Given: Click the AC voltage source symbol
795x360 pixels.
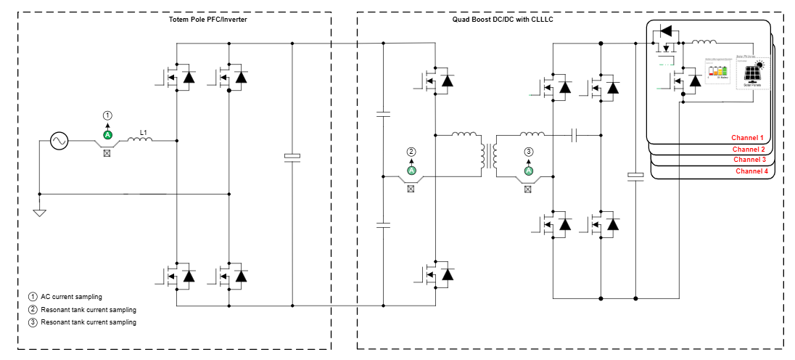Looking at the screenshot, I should click(x=59, y=141).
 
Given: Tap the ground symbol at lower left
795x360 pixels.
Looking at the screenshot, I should click(x=39, y=212).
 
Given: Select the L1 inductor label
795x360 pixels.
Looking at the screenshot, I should click(x=144, y=132).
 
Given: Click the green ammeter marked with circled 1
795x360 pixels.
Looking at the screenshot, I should click(x=108, y=135).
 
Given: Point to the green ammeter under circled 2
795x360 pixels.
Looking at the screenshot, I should click(x=411, y=171).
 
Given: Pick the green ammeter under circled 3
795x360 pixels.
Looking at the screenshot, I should click(x=529, y=171).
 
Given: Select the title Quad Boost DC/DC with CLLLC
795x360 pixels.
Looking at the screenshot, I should click(x=498, y=19).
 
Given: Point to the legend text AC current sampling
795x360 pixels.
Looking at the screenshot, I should click(x=71, y=297).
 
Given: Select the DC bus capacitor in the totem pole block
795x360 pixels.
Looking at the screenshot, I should click(x=292, y=157).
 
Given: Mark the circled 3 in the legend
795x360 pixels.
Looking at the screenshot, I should click(x=33, y=322).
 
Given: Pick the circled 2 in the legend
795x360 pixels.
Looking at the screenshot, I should click(x=33, y=309).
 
